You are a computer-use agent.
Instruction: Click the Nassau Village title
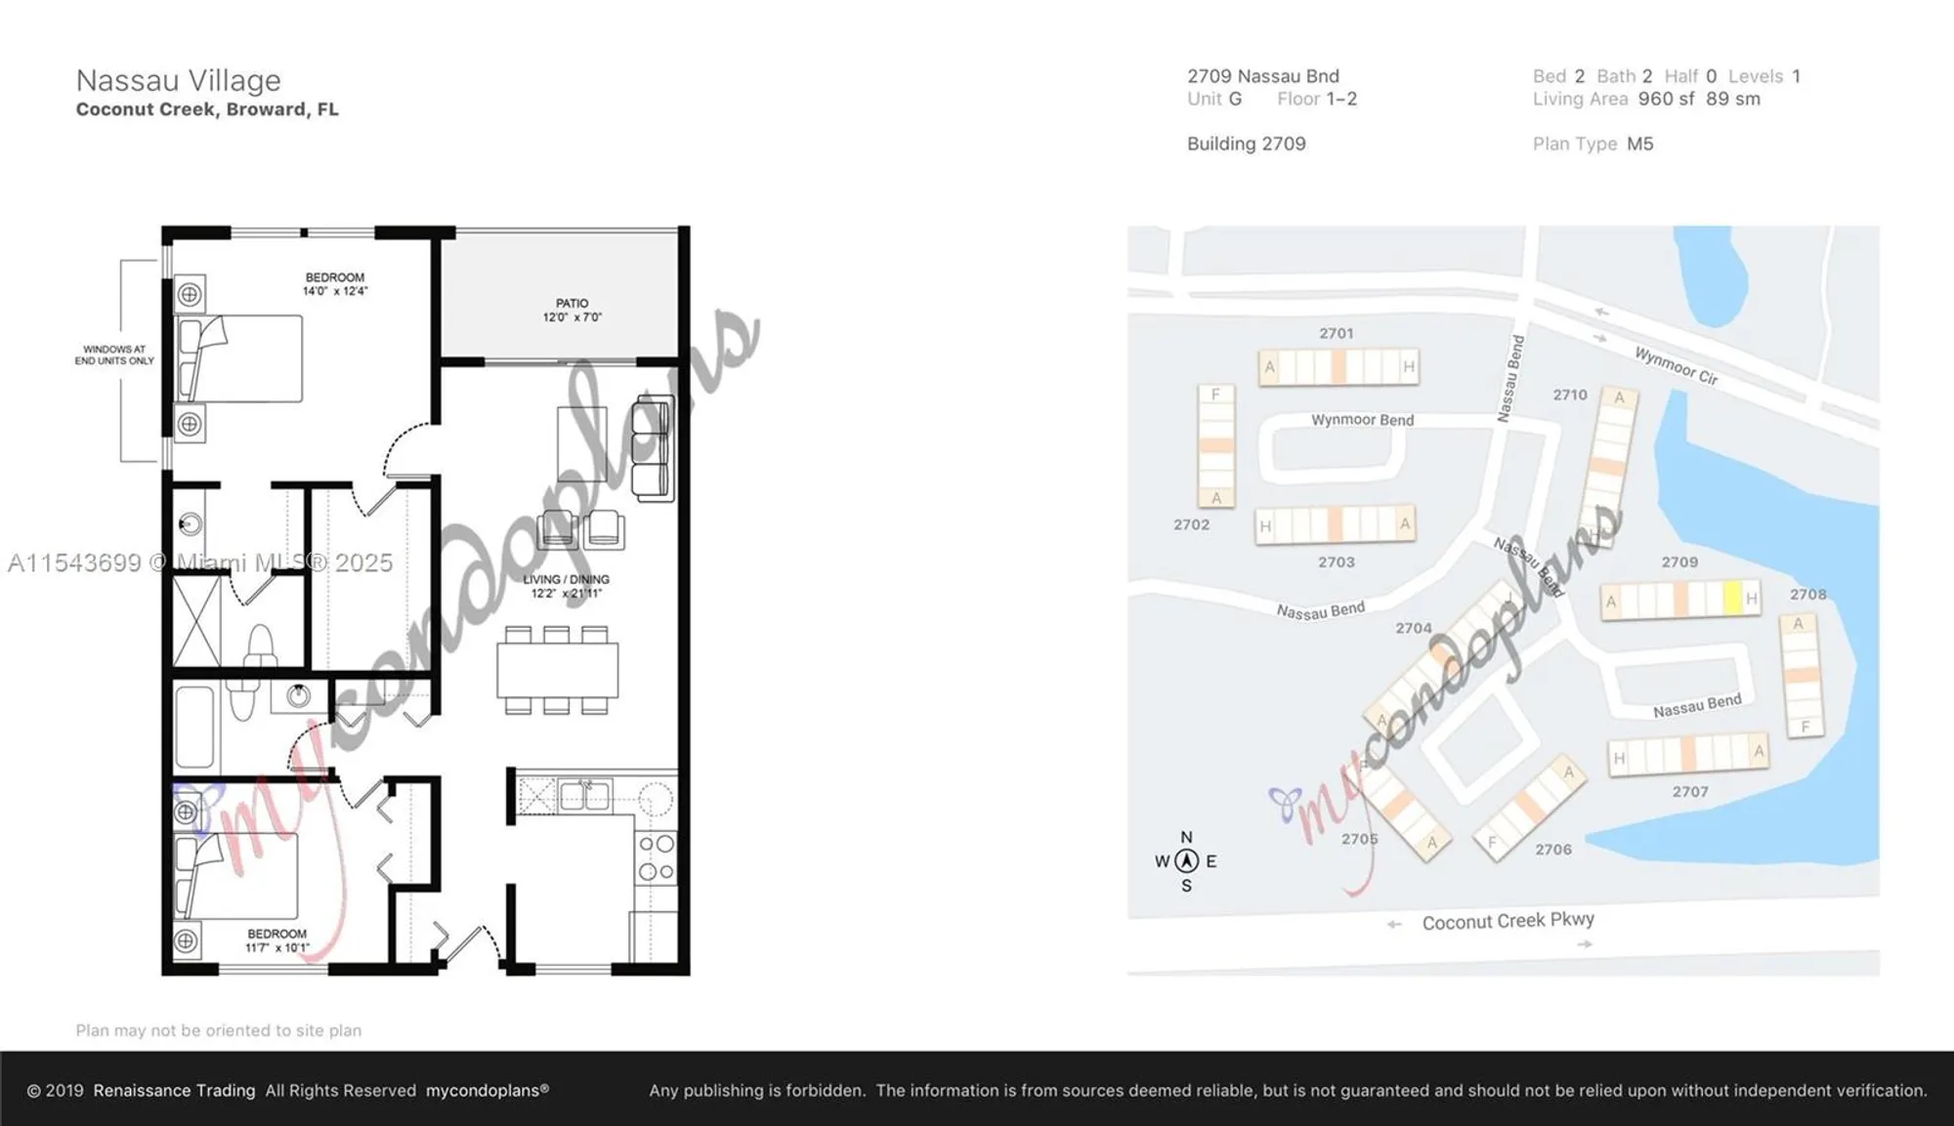[178, 80]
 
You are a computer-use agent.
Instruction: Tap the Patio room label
[572, 310]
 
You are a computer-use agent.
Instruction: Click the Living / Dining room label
[566, 586]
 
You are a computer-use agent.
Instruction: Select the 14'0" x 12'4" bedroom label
[334, 284]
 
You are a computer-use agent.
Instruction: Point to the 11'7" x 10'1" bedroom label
[276, 940]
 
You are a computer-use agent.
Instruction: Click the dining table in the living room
[557, 670]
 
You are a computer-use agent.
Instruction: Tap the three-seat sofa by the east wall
[653, 448]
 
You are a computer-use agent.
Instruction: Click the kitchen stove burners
[656, 857]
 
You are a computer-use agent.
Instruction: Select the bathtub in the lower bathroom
[194, 727]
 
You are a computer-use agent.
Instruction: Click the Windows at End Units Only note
[114, 354]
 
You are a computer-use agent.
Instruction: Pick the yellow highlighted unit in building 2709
[1731, 598]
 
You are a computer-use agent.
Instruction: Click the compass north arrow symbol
[1186, 860]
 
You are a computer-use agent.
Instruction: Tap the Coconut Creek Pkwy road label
[1508, 921]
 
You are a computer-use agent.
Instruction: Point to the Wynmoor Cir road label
[1676, 366]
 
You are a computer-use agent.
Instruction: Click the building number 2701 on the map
[1336, 333]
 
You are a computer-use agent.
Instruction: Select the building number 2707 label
[1689, 791]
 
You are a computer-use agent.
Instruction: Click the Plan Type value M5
[1639, 144]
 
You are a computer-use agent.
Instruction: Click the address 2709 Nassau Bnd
[1262, 76]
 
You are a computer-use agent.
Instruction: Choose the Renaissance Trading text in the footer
[174, 1090]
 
